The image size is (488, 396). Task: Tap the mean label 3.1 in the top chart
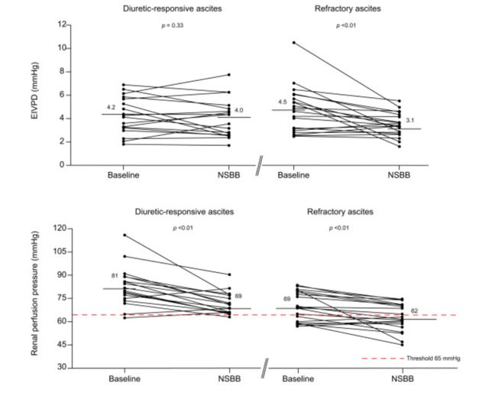point(410,121)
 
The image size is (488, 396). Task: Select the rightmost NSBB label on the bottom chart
point(399,379)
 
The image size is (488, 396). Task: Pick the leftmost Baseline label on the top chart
point(124,177)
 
